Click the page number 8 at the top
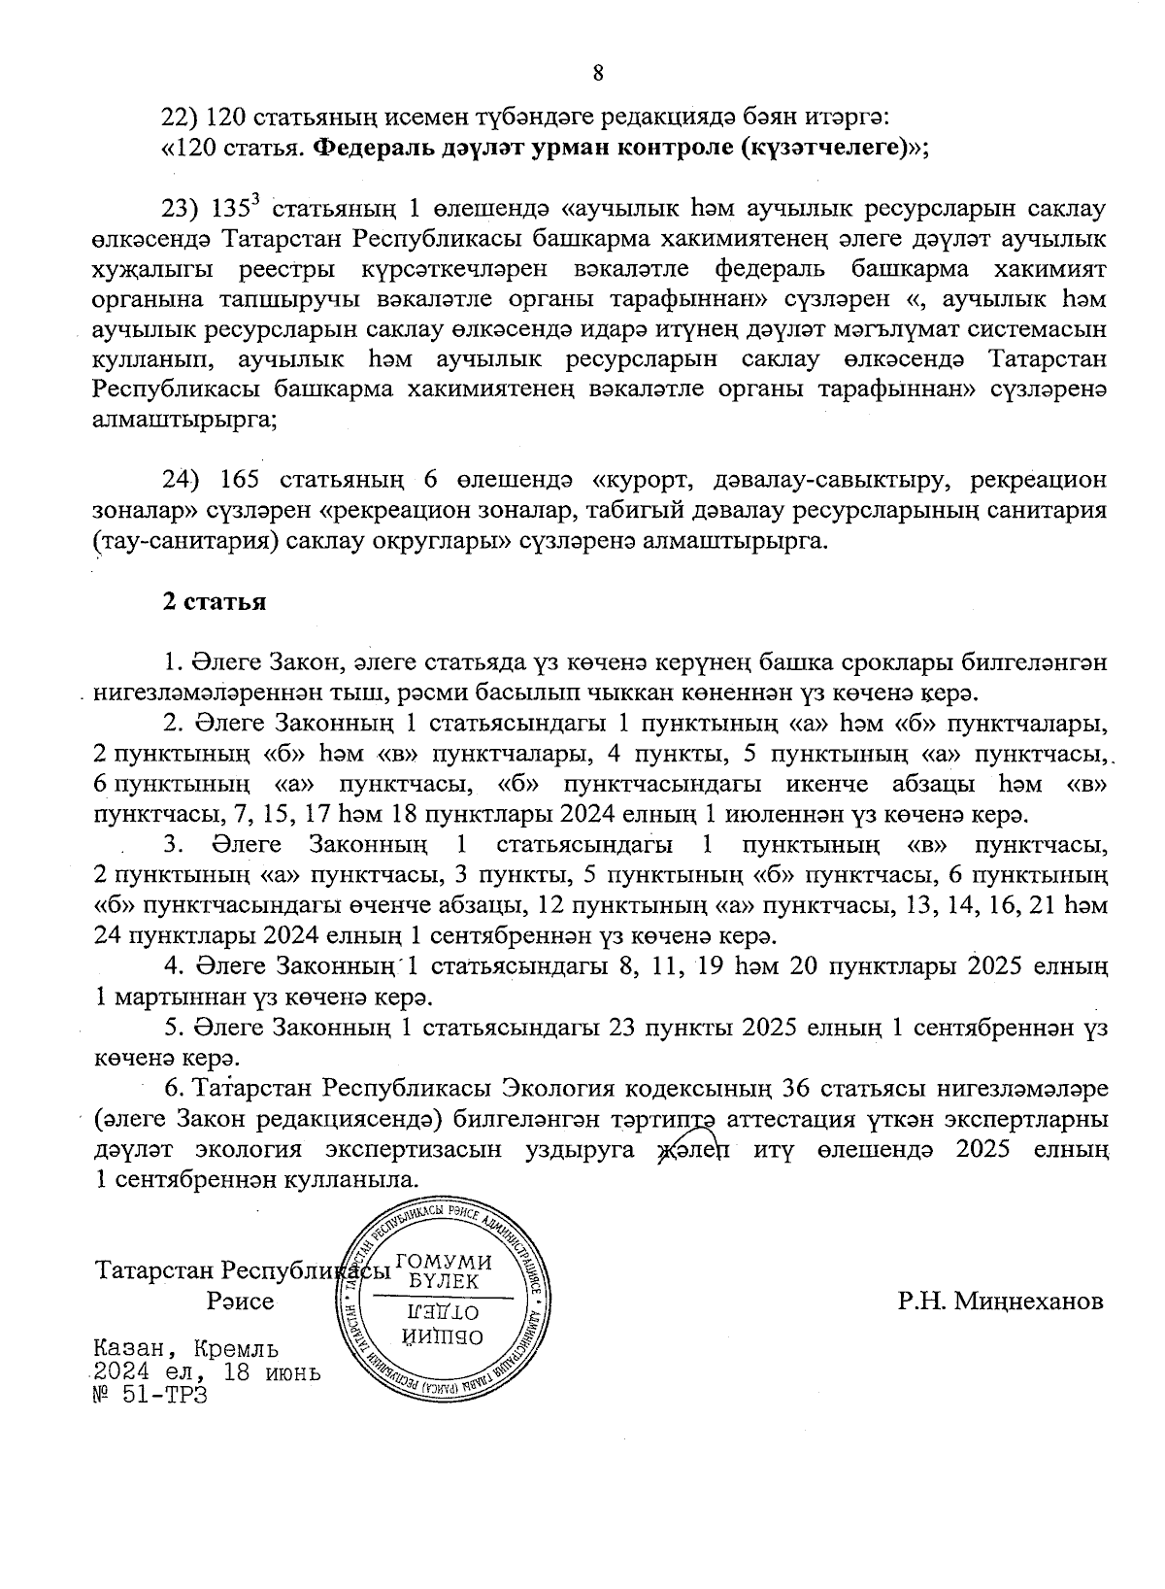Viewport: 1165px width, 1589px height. (597, 72)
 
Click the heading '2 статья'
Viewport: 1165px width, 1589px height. (215, 602)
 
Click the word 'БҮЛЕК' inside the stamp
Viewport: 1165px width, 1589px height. (446, 1281)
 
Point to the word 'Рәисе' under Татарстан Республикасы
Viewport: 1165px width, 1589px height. (240, 1302)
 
